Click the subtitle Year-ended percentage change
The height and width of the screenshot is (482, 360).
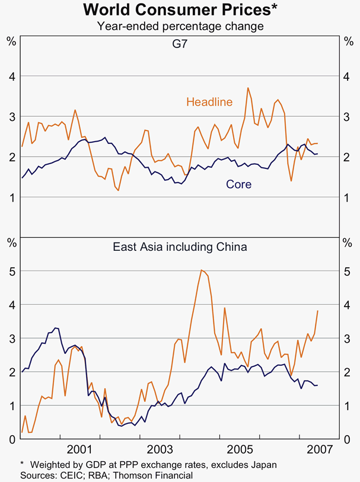(x=180, y=26)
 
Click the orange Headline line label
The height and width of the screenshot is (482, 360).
(x=209, y=102)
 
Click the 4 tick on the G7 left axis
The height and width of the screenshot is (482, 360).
(x=11, y=76)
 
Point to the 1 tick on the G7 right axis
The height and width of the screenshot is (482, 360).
(x=349, y=197)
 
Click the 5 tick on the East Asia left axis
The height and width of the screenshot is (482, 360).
(x=11, y=271)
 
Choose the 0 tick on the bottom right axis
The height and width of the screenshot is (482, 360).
(x=349, y=439)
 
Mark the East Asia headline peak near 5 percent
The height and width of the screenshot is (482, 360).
(x=202, y=270)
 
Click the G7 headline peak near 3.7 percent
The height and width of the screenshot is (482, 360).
(x=248, y=88)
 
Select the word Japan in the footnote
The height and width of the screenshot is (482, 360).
(x=263, y=464)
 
